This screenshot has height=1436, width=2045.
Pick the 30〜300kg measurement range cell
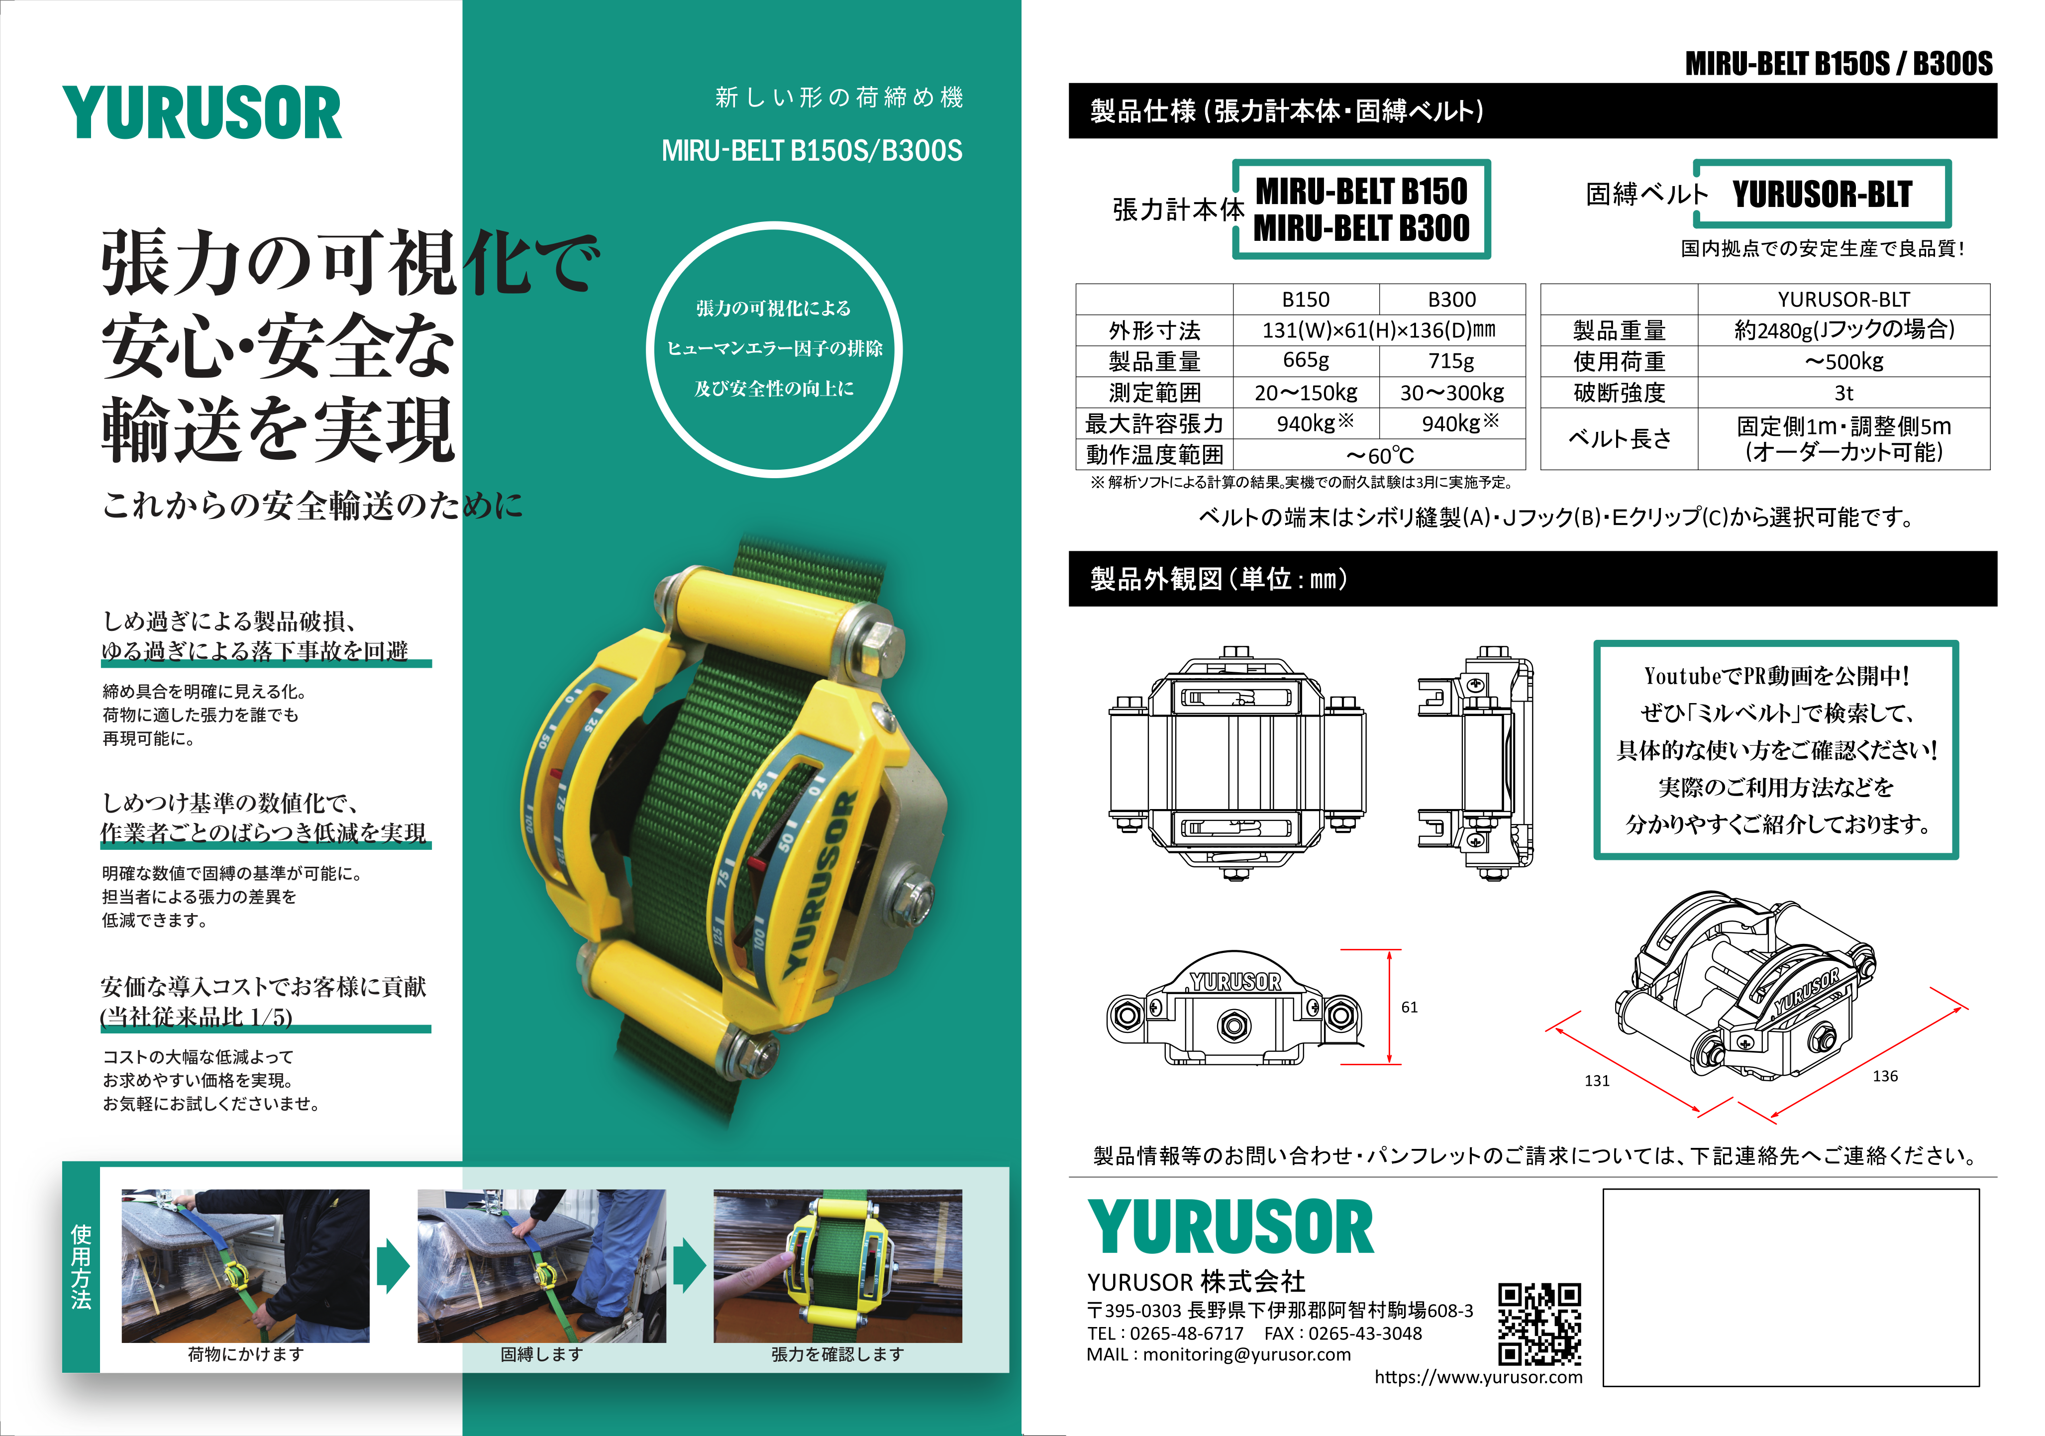pos(1452,392)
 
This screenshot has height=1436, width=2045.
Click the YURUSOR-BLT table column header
pos(1843,300)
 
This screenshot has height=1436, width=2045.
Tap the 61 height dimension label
pos(1409,1008)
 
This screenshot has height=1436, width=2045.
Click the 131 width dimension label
pos(1597,1081)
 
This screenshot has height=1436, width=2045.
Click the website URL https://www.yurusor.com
pos(1479,1377)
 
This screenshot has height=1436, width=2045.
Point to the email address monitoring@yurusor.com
pos(1247,1354)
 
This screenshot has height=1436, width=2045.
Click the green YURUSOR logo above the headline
pos(202,113)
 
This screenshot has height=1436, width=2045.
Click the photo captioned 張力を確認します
pos(837,1266)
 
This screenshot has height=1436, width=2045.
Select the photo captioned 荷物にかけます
pos(246,1266)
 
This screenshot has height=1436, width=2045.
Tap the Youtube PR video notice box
pos(1776,750)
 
